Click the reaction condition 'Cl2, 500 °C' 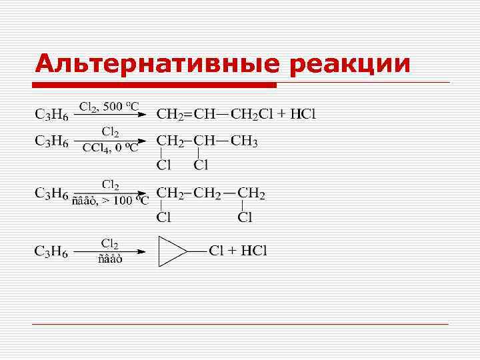109,107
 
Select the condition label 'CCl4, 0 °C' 110,148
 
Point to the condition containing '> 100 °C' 110,202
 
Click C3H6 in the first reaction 51,114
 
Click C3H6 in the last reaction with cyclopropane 51,251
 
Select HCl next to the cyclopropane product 253,251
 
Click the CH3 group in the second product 245,141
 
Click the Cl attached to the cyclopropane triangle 215,251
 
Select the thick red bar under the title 155,85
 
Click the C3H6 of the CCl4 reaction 51,141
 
